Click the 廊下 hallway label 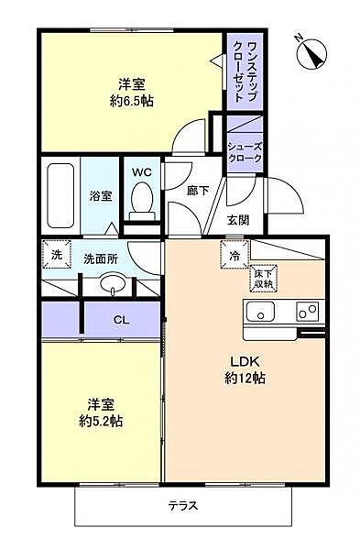[196, 192]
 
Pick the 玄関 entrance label [238, 220]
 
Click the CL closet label [120, 319]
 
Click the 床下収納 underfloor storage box [264, 278]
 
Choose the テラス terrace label [183, 505]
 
